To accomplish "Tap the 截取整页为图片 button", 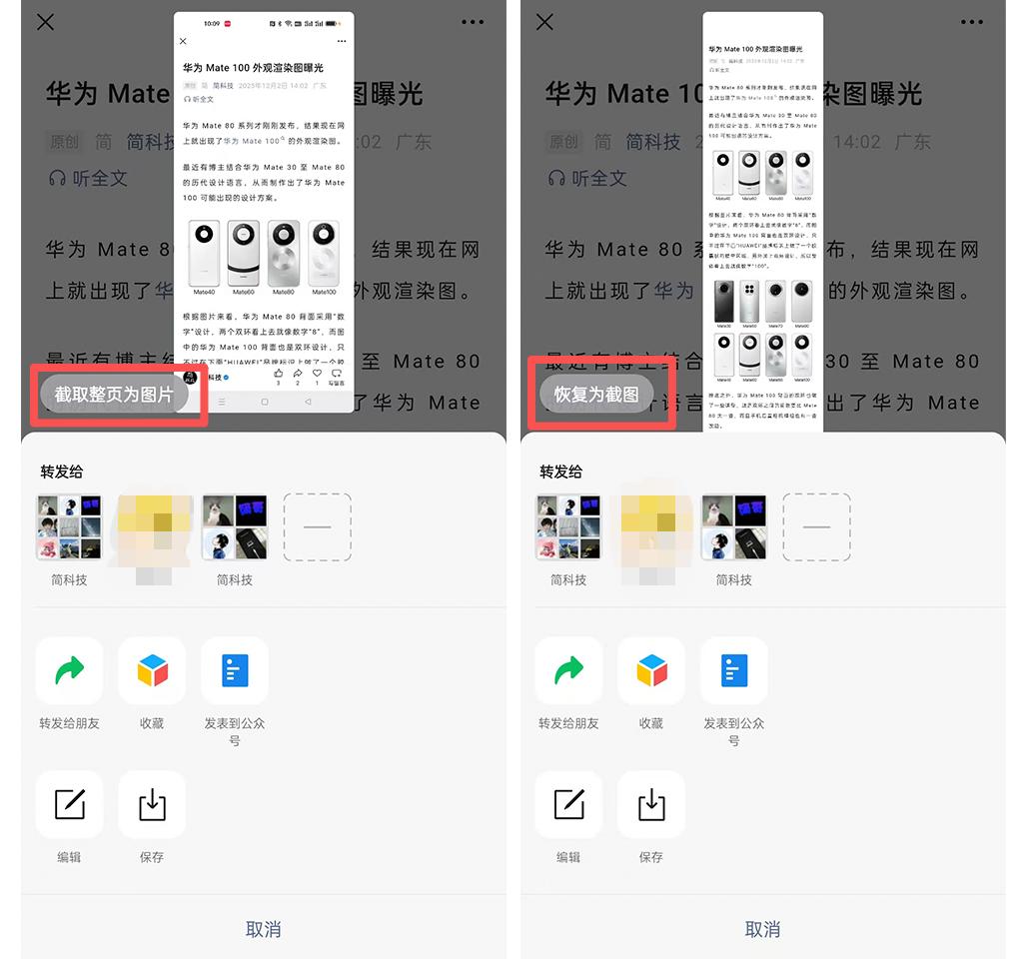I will click(114, 395).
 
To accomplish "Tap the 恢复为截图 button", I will click(596, 395).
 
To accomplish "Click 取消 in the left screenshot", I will click(263, 929).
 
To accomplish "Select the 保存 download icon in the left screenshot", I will click(152, 804).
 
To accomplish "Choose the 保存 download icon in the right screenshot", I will click(651, 804).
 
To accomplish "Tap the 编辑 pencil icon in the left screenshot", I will click(69, 804).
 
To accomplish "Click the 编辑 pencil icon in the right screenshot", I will click(568, 804).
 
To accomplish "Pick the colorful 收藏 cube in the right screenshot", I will click(651, 670).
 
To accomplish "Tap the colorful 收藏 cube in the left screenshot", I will click(152, 670).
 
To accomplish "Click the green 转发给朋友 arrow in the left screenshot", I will click(69, 670).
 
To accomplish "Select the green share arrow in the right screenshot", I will click(568, 670).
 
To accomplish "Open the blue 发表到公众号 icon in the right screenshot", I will click(734, 670).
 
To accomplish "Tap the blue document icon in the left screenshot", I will click(235, 670).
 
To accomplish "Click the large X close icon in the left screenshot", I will click(45, 22).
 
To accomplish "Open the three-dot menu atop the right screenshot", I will click(971, 22).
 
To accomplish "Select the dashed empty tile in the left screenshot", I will click(317, 526).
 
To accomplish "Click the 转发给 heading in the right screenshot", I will click(560, 472).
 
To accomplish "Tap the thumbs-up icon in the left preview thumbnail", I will click(278, 373).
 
